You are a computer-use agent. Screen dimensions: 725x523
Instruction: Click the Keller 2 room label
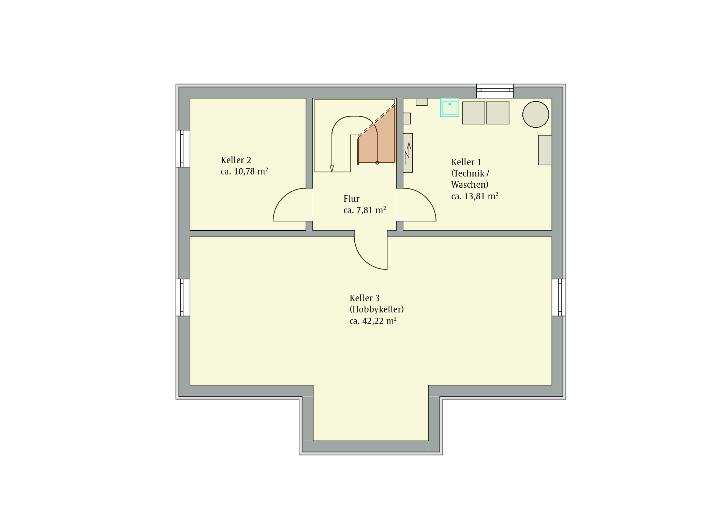236,160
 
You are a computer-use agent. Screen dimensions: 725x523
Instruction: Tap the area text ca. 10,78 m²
244,171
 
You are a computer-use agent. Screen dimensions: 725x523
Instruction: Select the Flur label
351,199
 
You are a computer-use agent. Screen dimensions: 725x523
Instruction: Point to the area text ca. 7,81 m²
365,210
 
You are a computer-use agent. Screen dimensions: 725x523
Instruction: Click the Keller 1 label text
466,162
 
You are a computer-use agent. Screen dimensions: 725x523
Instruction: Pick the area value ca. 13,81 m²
474,196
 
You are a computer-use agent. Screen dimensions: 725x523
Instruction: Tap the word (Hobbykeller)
376,309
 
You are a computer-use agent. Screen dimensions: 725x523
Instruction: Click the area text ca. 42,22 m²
373,321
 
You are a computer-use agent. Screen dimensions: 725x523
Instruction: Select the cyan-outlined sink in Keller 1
449,108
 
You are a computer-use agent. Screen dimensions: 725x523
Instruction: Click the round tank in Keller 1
536,114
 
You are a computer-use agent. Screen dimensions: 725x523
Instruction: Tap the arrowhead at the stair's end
332,169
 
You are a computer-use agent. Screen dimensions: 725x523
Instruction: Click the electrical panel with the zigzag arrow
408,153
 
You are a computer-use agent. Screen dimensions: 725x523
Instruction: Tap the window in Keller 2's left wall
183,149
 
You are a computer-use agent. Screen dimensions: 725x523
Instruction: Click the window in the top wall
495,91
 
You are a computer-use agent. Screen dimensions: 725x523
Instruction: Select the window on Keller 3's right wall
559,297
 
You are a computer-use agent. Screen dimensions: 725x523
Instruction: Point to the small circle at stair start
377,163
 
